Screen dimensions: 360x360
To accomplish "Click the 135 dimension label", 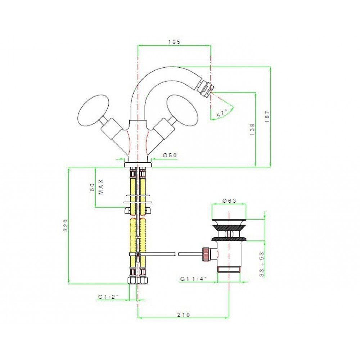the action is pyautogui.click(x=175, y=42).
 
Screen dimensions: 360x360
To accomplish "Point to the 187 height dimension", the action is pyautogui.click(x=267, y=117).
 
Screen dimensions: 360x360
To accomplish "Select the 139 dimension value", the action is pyautogui.click(x=252, y=130).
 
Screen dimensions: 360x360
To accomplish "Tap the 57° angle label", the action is pyautogui.click(x=222, y=113).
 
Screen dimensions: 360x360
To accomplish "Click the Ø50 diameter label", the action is pyautogui.click(x=170, y=156).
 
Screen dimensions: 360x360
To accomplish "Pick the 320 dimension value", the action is pyautogui.click(x=66, y=225).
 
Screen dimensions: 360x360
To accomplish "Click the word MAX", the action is pyautogui.click(x=101, y=187).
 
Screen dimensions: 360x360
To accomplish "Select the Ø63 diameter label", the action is pyautogui.click(x=229, y=201).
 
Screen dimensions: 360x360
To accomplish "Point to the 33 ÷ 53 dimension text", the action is pyautogui.click(x=262, y=265).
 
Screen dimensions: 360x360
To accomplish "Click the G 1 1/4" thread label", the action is pyautogui.click(x=194, y=279).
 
